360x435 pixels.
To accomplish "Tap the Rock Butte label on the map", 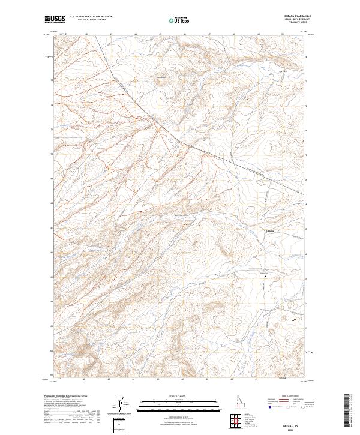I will pos(160,76).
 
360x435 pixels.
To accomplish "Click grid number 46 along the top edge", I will pos(184,34).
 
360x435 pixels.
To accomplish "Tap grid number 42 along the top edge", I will pos(86,34).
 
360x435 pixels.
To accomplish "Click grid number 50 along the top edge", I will pos(282,34).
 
